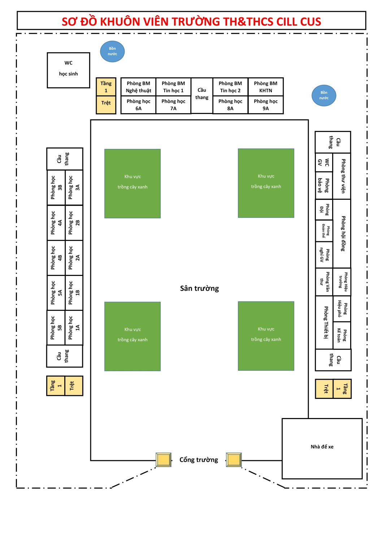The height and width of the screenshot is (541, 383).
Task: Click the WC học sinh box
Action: (68, 70)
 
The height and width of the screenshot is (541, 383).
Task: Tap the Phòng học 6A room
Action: (138, 105)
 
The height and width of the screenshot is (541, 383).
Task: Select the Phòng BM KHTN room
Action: (265, 87)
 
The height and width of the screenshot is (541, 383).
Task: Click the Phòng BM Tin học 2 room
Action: (230, 87)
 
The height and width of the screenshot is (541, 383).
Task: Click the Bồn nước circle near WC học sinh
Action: (112, 51)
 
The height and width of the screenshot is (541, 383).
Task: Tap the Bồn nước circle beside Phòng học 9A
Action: (324, 96)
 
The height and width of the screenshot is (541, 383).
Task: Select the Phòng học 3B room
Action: (56, 188)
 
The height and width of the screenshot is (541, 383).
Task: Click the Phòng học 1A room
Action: (74, 328)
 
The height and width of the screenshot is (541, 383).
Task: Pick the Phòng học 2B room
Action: (74, 223)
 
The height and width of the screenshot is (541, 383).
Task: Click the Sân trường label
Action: (199, 288)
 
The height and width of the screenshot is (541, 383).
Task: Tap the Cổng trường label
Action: (199, 459)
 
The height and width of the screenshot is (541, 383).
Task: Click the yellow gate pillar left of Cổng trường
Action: (164, 460)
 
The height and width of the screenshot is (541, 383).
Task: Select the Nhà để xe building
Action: (322, 448)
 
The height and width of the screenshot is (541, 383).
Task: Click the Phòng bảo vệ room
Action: (323, 185)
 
